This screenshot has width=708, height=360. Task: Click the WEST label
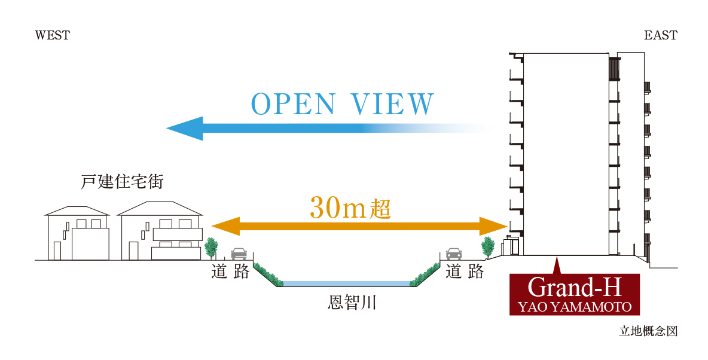[53, 35]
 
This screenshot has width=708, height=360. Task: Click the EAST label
[661, 35]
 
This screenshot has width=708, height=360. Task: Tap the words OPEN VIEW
[342, 104]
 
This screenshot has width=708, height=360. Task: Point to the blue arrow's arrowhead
[185, 129]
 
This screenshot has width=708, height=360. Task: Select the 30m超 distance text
[350, 209]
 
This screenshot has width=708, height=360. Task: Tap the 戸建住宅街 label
[122, 182]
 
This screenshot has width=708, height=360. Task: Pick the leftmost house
[77, 233]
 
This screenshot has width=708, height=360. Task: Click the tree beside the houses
[211, 248]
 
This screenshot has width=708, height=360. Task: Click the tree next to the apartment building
[488, 248]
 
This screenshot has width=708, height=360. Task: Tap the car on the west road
[239, 254]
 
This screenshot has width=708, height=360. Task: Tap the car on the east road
[454, 254]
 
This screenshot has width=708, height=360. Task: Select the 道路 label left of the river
[230, 271]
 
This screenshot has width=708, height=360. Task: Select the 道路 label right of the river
[465, 271]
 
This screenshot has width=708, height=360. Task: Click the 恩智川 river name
[352, 302]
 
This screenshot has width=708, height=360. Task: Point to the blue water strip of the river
[346, 283]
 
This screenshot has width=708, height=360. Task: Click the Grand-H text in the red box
[574, 287]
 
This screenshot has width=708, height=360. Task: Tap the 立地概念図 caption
[648, 331]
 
